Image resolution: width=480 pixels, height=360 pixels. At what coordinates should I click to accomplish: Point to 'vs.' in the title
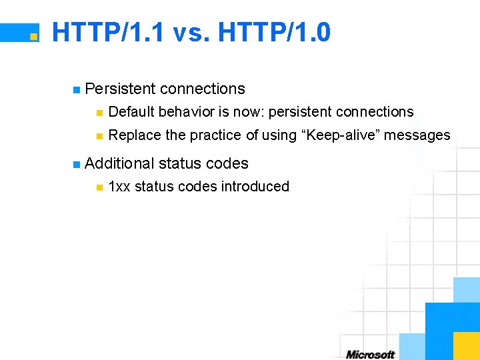tap(191, 32)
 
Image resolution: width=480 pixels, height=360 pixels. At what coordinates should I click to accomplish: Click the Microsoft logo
tap(370, 354)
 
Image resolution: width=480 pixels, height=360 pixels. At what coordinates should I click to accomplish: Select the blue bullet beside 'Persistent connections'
tap(77, 89)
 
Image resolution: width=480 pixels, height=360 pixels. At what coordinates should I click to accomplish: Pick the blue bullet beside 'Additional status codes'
tap(77, 164)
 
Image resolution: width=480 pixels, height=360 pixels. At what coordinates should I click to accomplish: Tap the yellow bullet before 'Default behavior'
tap(99, 113)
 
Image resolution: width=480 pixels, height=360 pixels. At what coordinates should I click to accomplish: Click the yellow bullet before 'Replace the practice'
tap(99, 136)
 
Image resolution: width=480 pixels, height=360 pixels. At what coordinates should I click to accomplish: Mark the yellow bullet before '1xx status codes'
tap(99, 187)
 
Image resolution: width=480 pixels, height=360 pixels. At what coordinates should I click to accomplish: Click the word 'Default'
tap(131, 112)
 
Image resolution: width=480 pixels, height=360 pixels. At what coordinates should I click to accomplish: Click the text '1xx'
tap(119, 187)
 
